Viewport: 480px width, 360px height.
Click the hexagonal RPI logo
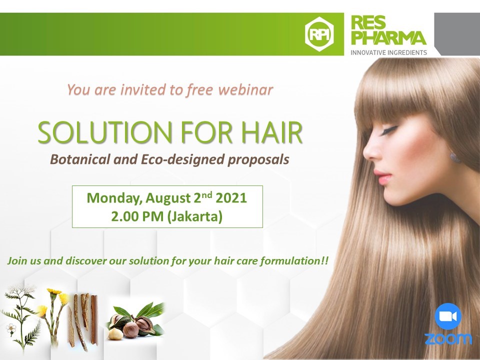[x=319, y=34]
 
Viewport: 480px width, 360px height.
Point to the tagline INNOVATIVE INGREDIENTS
[x=389, y=52]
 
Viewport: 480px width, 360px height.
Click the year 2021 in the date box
[x=231, y=198]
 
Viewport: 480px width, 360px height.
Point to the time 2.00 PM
[x=137, y=216]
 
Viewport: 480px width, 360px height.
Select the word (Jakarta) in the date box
[x=194, y=217]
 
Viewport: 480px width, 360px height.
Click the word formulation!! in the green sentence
[x=294, y=261]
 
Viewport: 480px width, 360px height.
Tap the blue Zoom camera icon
[x=448, y=316]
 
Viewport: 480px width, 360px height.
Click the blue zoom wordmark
[x=448, y=338]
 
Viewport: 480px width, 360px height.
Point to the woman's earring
[x=454, y=157]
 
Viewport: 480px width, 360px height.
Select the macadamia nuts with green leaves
[x=137, y=321]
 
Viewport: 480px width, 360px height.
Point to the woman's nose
[x=369, y=150]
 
